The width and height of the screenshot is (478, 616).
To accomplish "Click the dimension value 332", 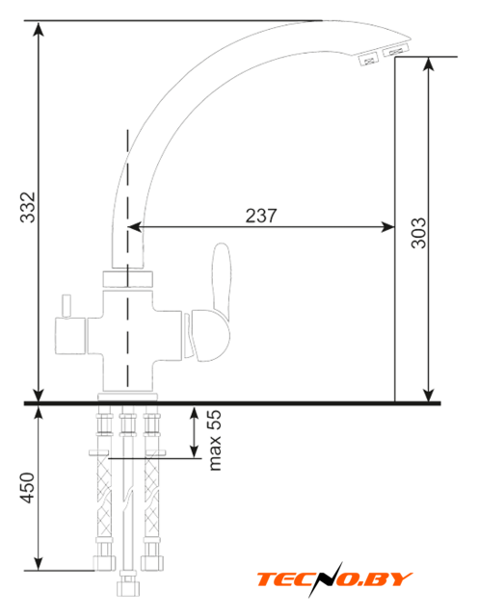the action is (28, 207).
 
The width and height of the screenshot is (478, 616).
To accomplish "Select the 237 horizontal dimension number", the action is (261, 216).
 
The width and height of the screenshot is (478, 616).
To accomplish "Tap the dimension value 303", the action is (418, 233).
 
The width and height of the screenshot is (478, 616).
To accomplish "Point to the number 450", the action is (28, 488).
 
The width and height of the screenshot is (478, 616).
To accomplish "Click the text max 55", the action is (215, 440).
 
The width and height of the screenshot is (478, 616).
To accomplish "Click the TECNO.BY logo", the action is (334, 579).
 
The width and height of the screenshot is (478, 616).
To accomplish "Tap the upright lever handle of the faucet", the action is (222, 277).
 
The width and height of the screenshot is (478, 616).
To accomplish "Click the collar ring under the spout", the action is (128, 278).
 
